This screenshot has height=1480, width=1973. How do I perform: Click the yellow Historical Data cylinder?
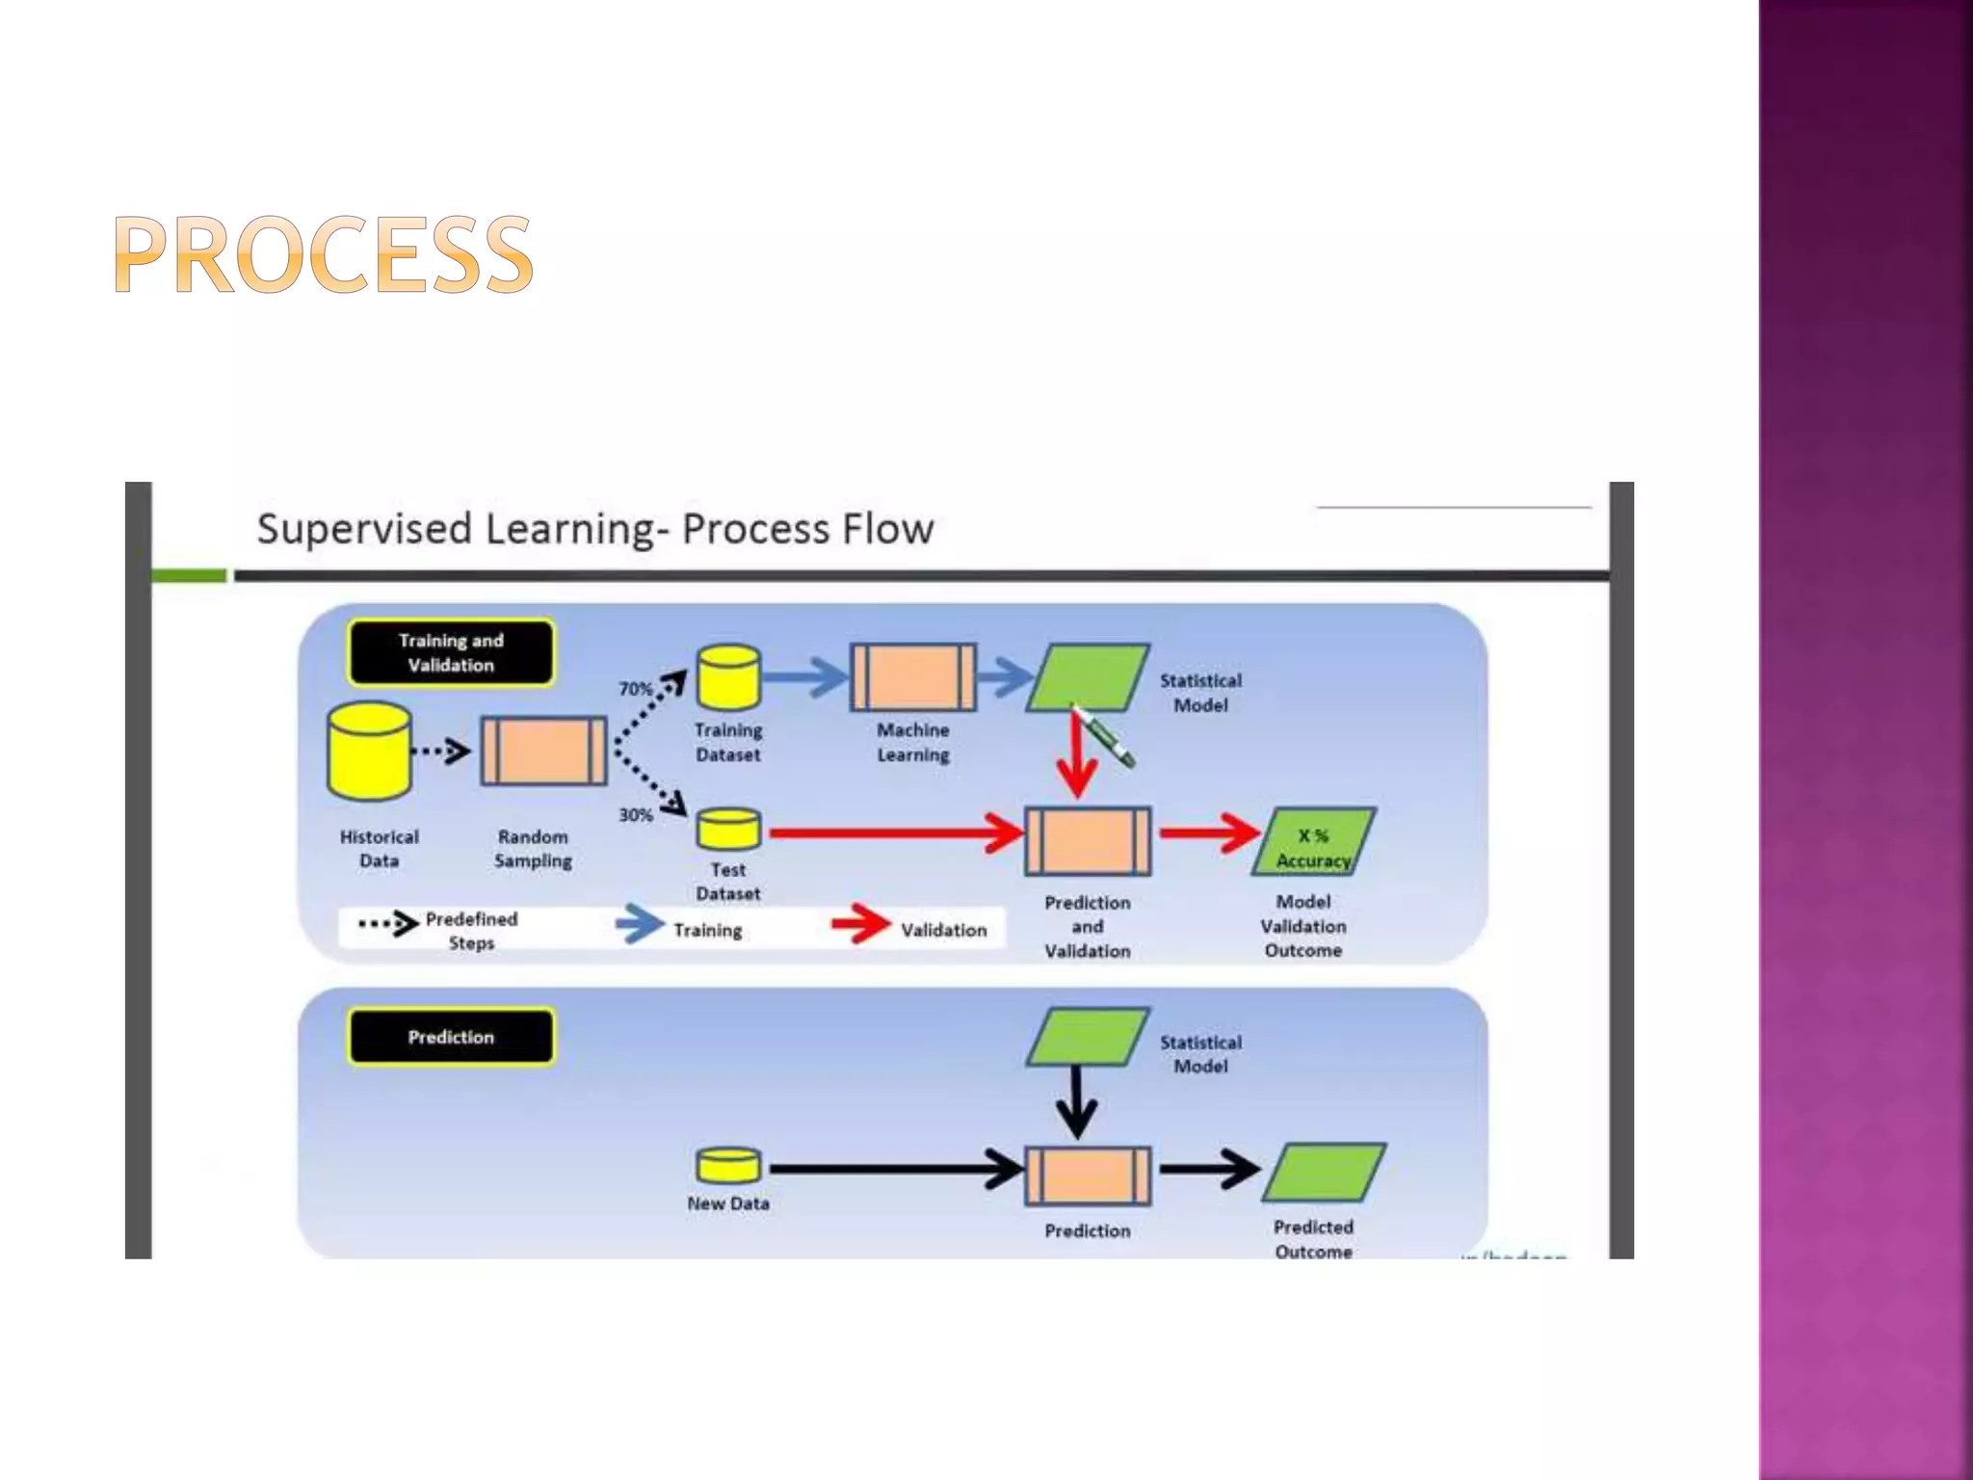pos(369,752)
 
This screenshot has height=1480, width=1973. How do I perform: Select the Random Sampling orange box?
pos(543,751)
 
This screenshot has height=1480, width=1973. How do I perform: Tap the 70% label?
pos(635,689)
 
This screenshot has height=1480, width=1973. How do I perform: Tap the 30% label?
pos(635,815)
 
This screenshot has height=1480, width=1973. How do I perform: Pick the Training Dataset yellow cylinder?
pos(728,677)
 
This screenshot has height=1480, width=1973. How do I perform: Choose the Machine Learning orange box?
pos(912,677)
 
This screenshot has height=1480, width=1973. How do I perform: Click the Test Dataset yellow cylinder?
pos(728,831)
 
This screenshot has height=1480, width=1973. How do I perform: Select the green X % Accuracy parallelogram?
pos(1313,842)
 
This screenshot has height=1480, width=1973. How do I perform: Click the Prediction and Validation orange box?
pos(1088,841)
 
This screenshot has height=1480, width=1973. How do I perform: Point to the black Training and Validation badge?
pos(451,652)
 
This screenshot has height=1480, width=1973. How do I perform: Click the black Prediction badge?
pos(451,1037)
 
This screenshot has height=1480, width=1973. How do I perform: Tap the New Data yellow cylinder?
pos(728,1166)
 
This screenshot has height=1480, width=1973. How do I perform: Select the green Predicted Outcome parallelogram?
pos(1324,1173)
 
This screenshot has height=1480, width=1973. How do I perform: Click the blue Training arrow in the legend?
pos(639,924)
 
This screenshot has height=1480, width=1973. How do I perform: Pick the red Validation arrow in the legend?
pos(860,924)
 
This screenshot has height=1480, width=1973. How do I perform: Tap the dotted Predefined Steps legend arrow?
pos(388,924)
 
